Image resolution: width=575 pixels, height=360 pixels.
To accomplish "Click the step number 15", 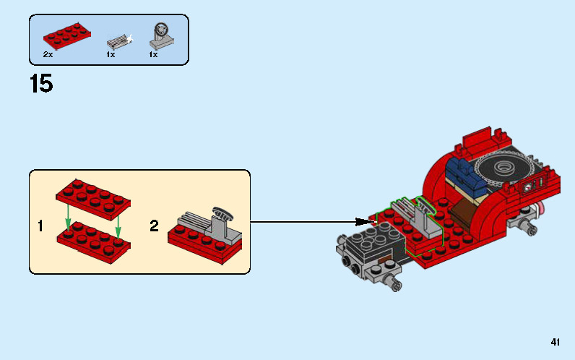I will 41,84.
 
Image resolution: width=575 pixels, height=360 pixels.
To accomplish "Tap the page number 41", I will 555,343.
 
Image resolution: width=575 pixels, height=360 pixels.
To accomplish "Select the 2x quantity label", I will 48,54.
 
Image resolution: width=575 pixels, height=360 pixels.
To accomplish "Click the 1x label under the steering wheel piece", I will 153,54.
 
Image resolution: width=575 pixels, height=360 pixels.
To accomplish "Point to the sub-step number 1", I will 41,226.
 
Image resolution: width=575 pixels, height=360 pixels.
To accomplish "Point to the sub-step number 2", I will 154,226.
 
